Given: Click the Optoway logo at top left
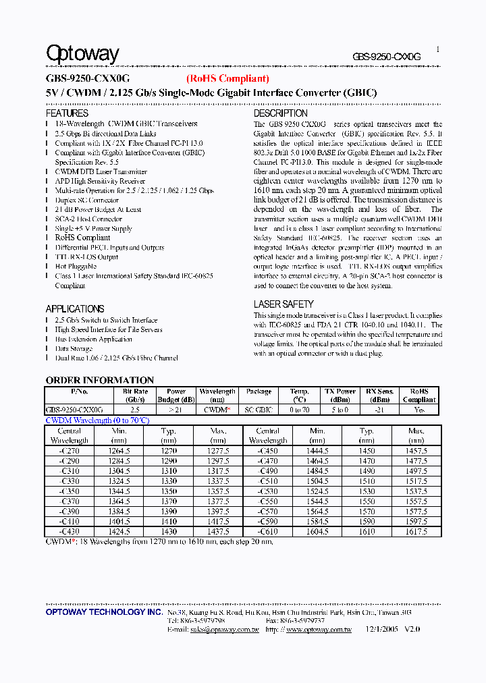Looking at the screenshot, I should (82, 54).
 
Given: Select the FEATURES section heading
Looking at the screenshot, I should (67, 113).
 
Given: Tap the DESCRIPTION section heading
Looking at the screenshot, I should (280, 113).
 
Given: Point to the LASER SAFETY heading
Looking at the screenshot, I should (283, 304).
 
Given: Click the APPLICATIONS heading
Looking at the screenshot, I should (74, 308).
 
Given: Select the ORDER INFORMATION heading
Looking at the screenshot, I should (99, 380).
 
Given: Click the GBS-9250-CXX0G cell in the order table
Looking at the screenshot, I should (74, 410).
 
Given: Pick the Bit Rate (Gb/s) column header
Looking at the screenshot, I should (135, 395).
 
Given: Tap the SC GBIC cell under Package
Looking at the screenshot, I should (259, 410).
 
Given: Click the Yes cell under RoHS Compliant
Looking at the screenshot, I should (418, 410).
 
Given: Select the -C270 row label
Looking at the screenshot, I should (69, 451).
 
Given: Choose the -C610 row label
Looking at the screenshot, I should (267, 532).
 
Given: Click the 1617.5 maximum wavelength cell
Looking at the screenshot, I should (416, 532).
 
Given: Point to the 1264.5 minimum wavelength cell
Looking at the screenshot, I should (119, 451).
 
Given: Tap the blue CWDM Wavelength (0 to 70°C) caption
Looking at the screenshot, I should (97, 420).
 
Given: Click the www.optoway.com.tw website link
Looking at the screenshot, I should (319, 630).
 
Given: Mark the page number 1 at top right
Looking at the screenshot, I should (437, 49).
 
